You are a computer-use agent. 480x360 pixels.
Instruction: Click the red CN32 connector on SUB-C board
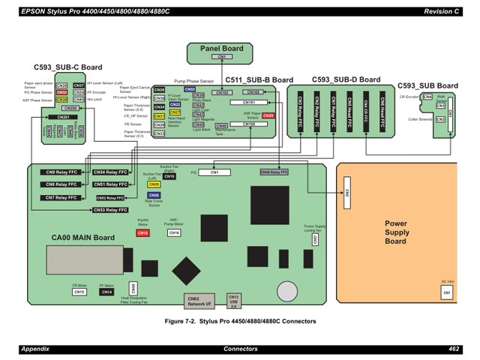tap(61, 92)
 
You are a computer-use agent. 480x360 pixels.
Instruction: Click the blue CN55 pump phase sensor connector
tap(190, 88)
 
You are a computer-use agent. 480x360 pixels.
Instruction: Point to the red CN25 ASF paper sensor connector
tap(268, 115)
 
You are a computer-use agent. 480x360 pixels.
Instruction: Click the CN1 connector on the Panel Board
tap(222, 57)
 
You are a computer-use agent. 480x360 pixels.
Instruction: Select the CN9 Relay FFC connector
tap(61, 172)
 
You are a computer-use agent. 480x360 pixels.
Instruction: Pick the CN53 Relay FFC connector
tap(109, 210)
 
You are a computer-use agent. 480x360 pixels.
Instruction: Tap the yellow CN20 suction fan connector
tap(154, 184)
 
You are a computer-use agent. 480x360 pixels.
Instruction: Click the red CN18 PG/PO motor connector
tap(143, 233)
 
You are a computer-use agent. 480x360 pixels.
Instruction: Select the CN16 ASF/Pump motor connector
tap(174, 233)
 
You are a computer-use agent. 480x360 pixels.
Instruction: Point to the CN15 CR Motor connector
tap(79, 292)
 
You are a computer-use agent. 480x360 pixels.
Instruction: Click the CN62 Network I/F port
tap(199, 301)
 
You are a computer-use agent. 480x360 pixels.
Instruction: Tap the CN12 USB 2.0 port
tap(233, 301)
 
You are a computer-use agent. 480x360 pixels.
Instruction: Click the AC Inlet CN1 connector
tap(446, 291)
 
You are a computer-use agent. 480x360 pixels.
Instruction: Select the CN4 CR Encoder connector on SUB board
tap(427, 97)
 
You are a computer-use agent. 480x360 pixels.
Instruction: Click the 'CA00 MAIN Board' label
tap(83, 238)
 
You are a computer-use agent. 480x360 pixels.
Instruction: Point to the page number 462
tap(454, 349)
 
